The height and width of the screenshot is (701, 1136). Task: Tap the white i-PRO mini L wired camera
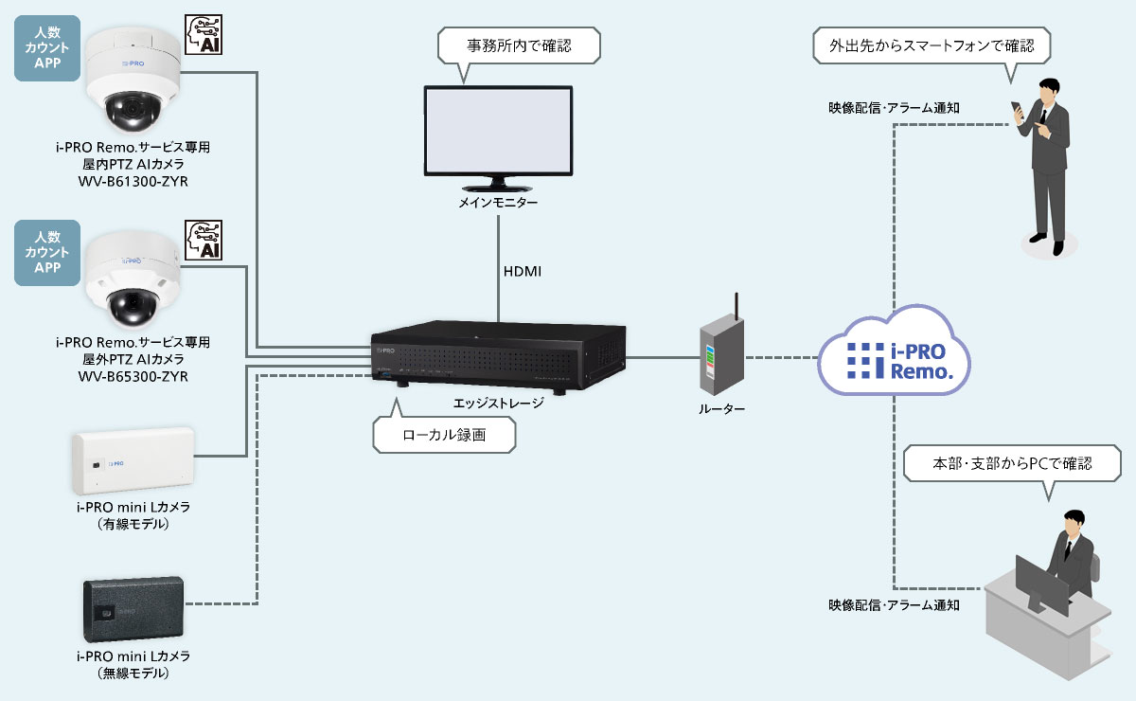pos(133,461)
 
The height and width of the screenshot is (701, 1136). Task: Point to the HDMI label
pos(523,272)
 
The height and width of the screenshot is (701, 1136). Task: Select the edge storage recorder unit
pos(498,358)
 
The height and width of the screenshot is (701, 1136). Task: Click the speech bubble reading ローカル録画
pos(444,435)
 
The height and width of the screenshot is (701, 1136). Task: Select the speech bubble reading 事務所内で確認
pos(519,44)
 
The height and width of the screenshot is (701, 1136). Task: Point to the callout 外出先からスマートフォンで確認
pos(932,44)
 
